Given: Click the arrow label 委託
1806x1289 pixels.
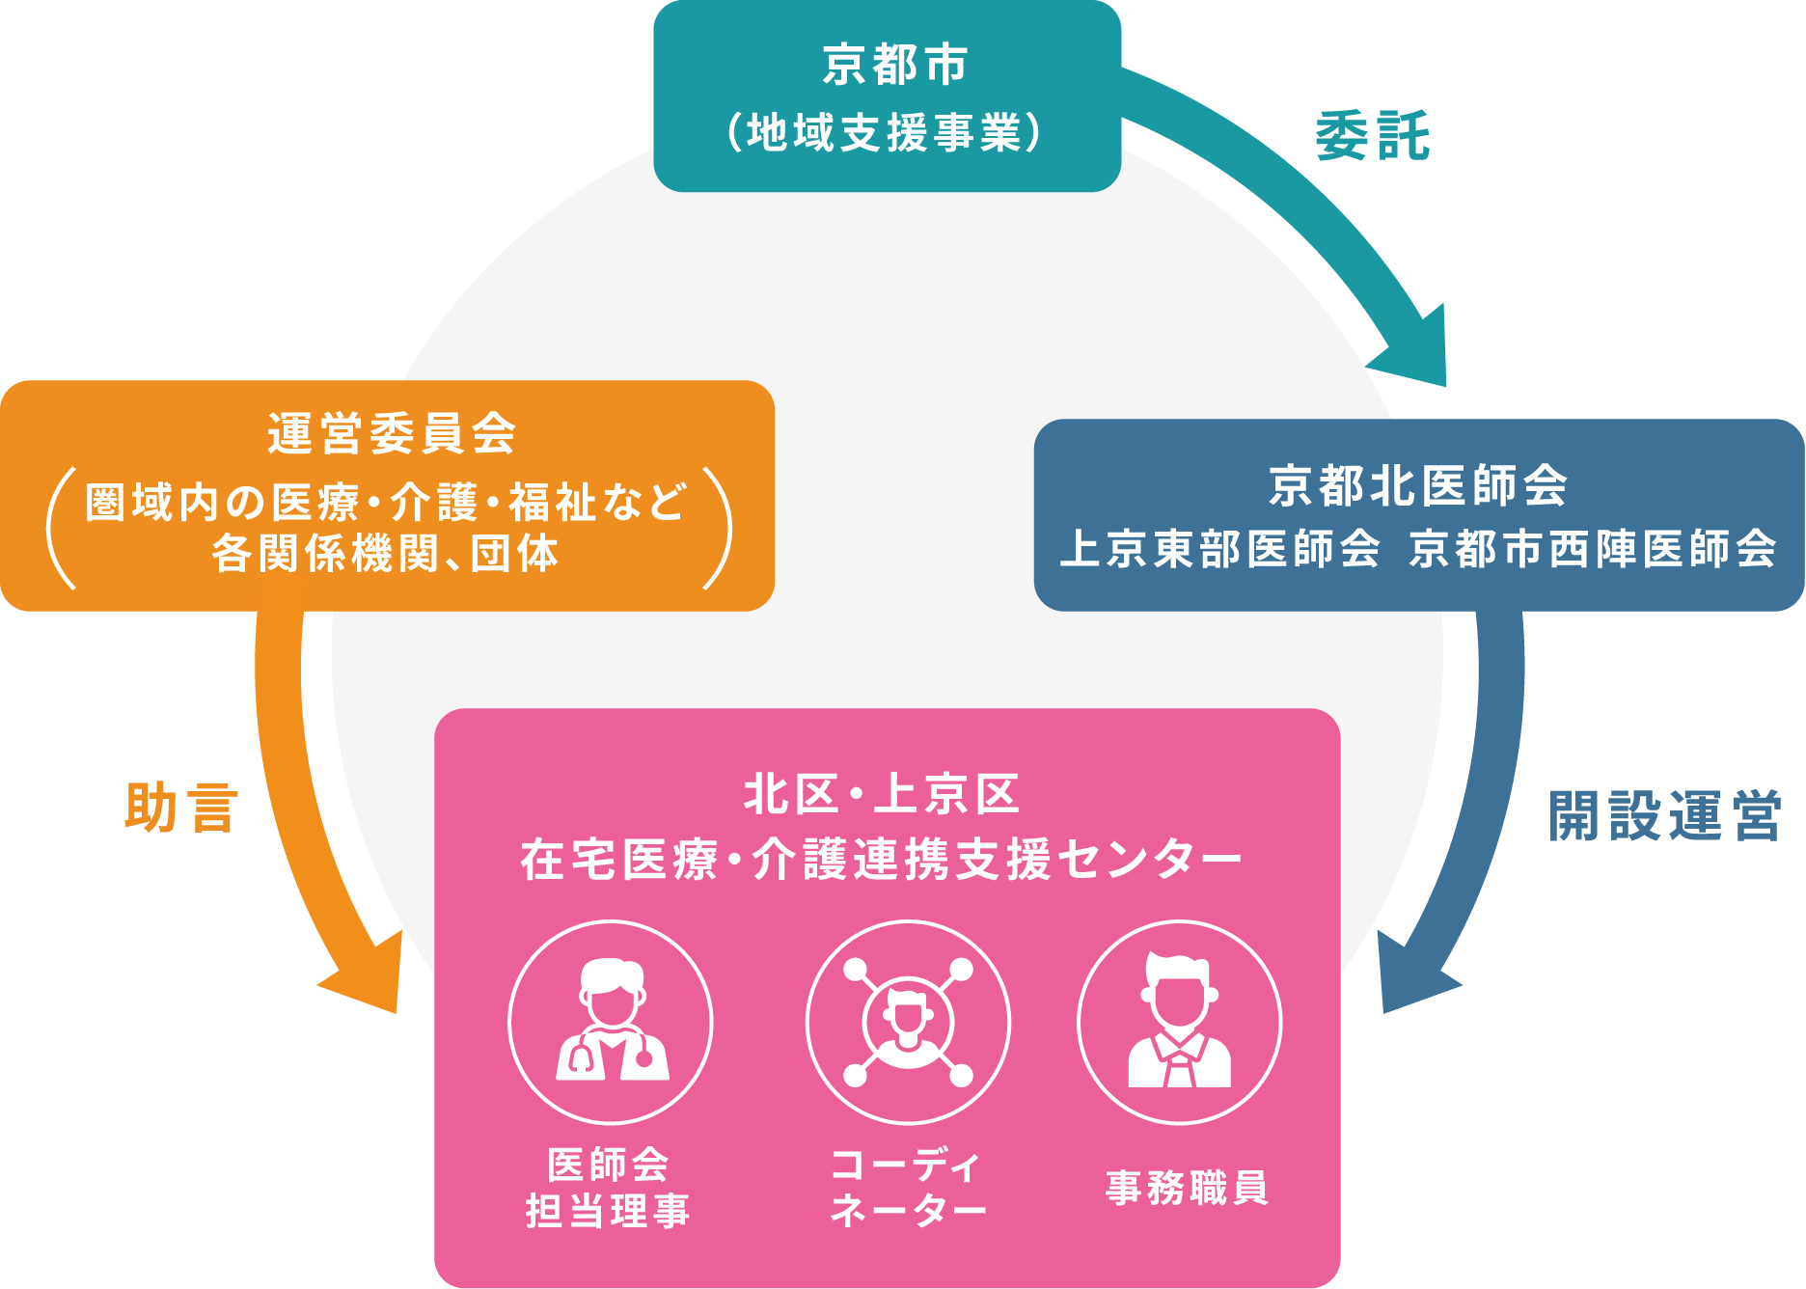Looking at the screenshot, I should [x=1372, y=136].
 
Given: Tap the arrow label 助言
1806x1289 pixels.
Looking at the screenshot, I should [x=181, y=808].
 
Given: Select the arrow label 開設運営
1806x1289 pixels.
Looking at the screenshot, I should [x=1664, y=816].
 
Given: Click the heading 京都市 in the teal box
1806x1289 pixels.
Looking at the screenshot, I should [x=894, y=66].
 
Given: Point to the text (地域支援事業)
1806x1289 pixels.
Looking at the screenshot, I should [x=886, y=133].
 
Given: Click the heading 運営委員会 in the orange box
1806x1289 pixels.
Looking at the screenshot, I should [x=392, y=433].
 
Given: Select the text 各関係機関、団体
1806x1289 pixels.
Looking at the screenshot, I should [x=385, y=554].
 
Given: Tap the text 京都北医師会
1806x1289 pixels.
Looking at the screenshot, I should [x=1418, y=485].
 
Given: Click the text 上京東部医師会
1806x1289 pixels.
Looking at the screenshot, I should [x=1219, y=549].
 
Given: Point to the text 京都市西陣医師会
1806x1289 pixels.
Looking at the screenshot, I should [x=1593, y=549].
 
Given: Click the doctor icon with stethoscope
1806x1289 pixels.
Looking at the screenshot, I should [x=611, y=1022].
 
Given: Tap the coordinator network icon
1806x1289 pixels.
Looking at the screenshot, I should [x=908, y=1022].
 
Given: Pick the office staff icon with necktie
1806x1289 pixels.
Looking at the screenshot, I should [x=1179, y=1022].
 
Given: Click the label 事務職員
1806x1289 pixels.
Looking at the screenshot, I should [x=1187, y=1188].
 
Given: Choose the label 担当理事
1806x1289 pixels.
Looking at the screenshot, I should [x=608, y=1211].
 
